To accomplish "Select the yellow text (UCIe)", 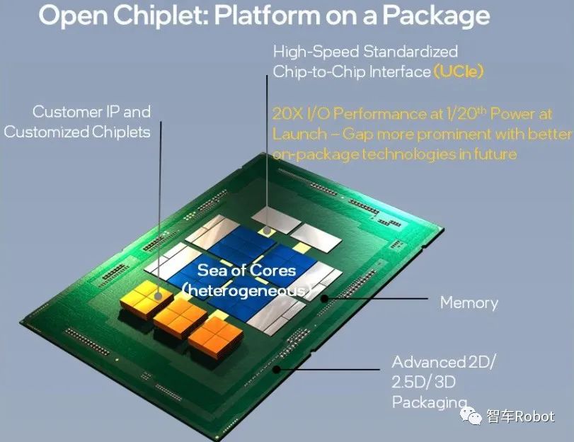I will pos(459,71).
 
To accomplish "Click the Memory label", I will pos(469,302).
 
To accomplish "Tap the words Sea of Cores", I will pos(246,270).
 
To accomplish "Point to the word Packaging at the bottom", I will pos(430,402).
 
